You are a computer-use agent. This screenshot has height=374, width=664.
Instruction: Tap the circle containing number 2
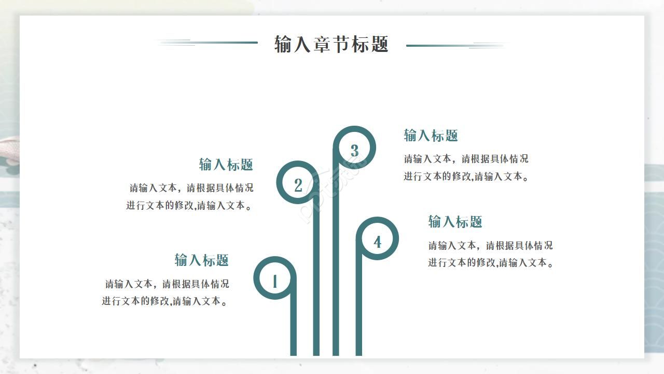point(298,182)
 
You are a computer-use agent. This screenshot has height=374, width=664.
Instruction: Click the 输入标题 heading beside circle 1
point(201,260)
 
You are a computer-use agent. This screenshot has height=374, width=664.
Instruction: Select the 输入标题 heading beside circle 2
point(226,165)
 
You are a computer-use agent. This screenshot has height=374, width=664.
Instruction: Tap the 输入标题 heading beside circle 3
point(431,136)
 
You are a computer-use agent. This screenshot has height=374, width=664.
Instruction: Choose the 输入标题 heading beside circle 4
point(455,222)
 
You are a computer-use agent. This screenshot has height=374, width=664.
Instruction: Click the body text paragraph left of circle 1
point(165,292)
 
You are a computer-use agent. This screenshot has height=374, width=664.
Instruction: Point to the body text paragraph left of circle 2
point(190,196)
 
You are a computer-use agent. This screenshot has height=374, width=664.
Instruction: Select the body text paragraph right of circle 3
point(466,167)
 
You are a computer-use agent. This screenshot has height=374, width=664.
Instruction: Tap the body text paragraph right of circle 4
point(491,254)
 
